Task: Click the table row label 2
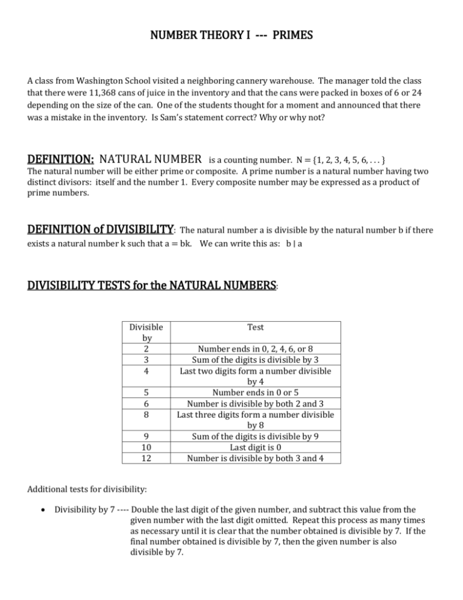(146, 348)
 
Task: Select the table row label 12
(146, 458)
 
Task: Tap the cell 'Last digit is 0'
(258, 448)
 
